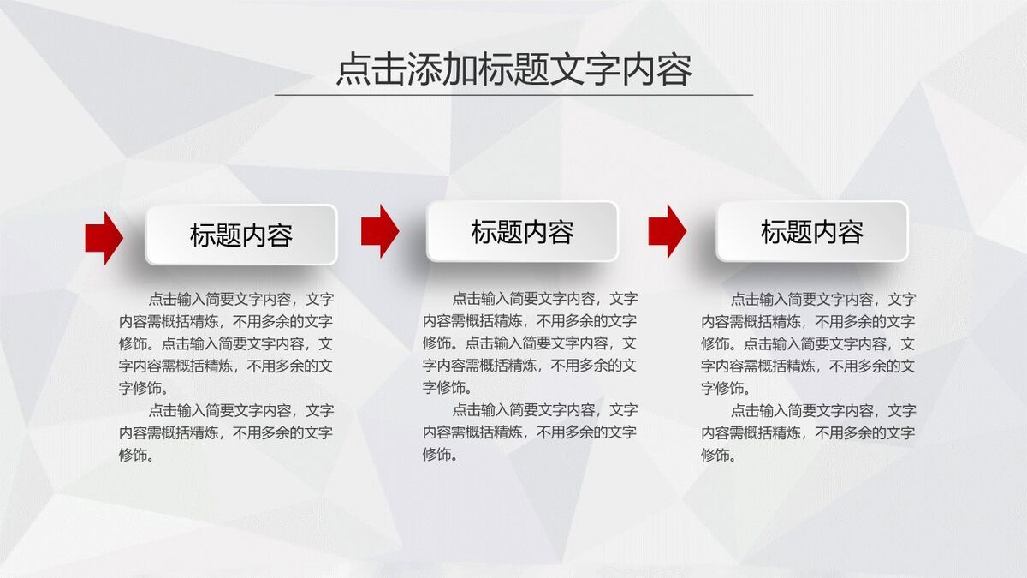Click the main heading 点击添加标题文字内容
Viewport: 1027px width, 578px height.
pyautogui.click(x=513, y=70)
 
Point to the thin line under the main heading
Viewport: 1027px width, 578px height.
pyautogui.click(x=513, y=95)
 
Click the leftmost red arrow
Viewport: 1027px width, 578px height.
pyautogui.click(x=104, y=237)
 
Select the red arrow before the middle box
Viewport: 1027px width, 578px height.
pyautogui.click(x=379, y=231)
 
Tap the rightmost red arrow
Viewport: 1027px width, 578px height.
pyautogui.click(x=667, y=231)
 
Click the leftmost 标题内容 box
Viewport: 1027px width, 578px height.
pyautogui.click(x=241, y=235)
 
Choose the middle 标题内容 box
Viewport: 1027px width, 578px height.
pyautogui.click(x=522, y=231)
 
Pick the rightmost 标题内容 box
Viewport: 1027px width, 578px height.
pyautogui.click(x=811, y=231)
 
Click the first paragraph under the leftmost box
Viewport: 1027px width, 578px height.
pyautogui.click(x=226, y=343)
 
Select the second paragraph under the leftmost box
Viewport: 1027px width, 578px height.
pyautogui.click(x=226, y=432)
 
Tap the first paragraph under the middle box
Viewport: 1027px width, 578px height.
pyautogui.click(x=530, y=343)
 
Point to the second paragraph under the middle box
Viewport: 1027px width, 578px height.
pyautogui.click(x=530, y=432)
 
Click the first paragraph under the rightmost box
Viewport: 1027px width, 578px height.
pyautogui.click(x=809, y=343)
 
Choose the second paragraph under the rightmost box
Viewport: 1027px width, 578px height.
pyautogui.click(x=809, y=432)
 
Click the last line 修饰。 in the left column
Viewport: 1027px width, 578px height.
pyautogui.click(x=137, y=455)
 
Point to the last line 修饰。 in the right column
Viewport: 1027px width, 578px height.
pyautogui.click(x=720, y=455)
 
